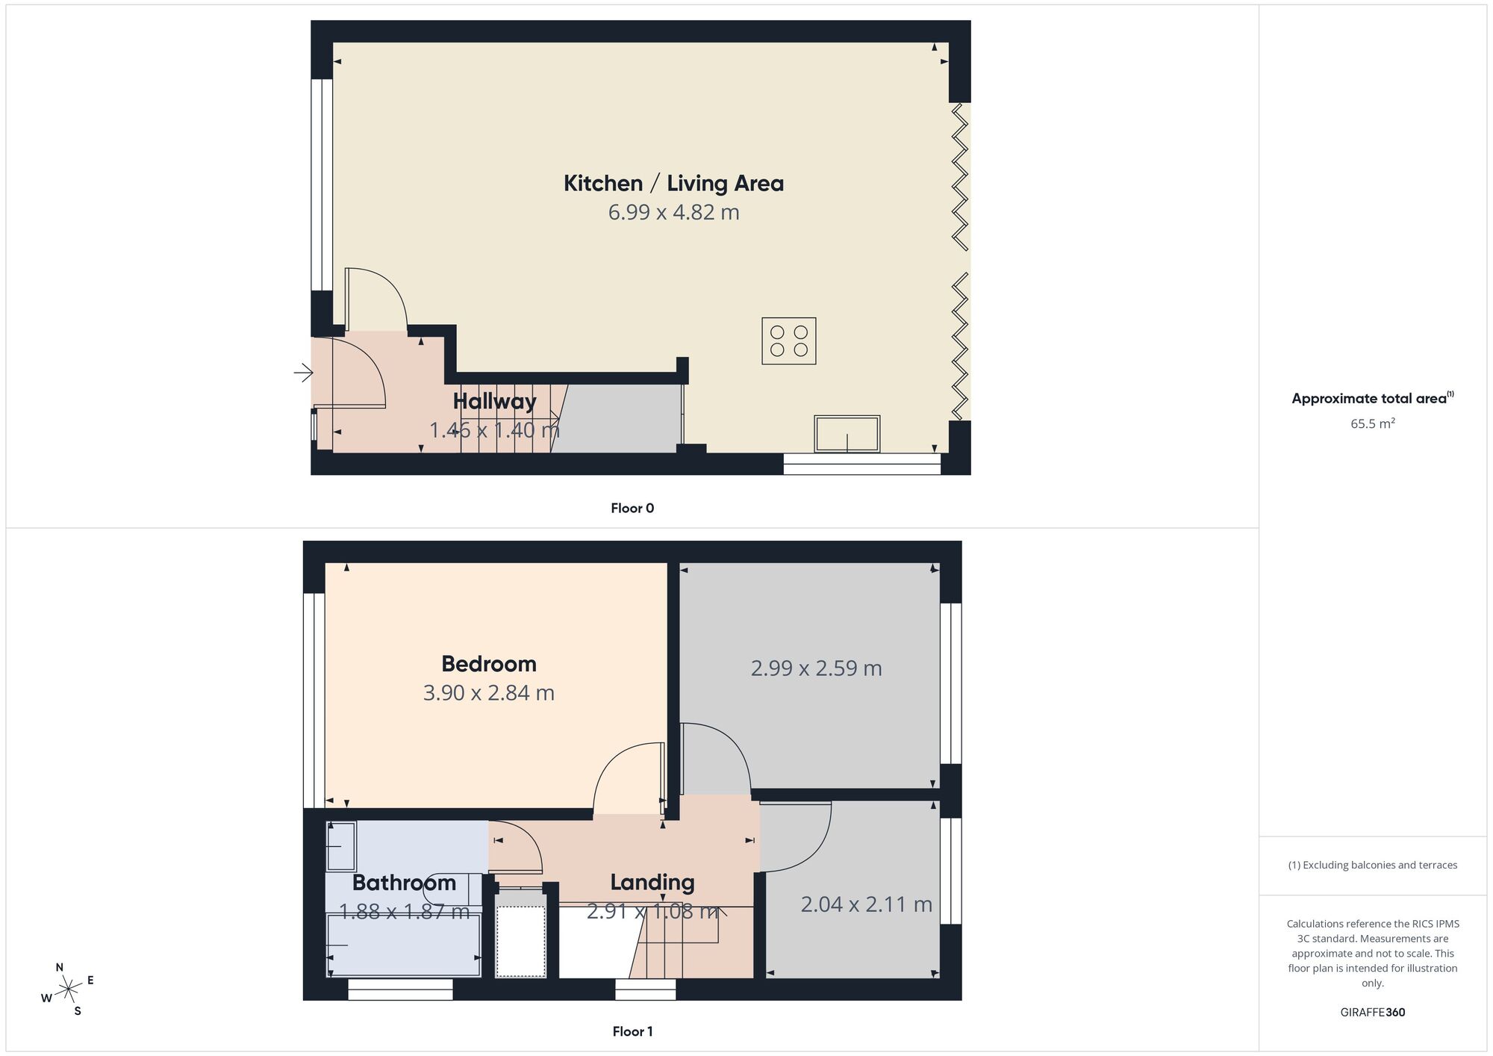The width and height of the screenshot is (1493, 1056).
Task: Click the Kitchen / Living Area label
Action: (673, 183)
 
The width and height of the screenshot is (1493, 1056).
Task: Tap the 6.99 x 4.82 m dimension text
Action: (673, 213)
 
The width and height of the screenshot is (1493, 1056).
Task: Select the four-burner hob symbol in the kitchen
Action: (789, 341)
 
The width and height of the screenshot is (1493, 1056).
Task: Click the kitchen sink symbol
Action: (847, 434)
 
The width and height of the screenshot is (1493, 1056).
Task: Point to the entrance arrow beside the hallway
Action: (303, 372)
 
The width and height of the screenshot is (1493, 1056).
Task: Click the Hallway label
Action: (494, 402)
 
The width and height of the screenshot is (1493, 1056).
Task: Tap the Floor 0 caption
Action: (632, 509)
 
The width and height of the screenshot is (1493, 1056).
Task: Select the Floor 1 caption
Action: (632, 1031)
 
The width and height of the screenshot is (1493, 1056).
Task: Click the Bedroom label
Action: (489, 664)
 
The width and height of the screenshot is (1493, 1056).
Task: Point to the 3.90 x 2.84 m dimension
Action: (489, 693)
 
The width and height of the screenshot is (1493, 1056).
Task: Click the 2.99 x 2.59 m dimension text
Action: (816, 668)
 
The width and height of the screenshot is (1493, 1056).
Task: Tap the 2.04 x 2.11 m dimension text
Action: (866, 904)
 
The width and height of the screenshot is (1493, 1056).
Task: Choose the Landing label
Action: (652, 883)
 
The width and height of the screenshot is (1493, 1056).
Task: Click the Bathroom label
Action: (404, 883)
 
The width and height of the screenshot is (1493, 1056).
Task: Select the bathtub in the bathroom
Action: (404, 945)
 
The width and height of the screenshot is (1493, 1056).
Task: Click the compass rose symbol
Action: (69, 990)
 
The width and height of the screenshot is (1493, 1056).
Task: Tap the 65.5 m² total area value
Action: (1373, 423)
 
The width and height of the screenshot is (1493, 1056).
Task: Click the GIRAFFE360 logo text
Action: (1373, 1013)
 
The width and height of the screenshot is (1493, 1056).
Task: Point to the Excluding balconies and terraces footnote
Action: (1373, 865)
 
